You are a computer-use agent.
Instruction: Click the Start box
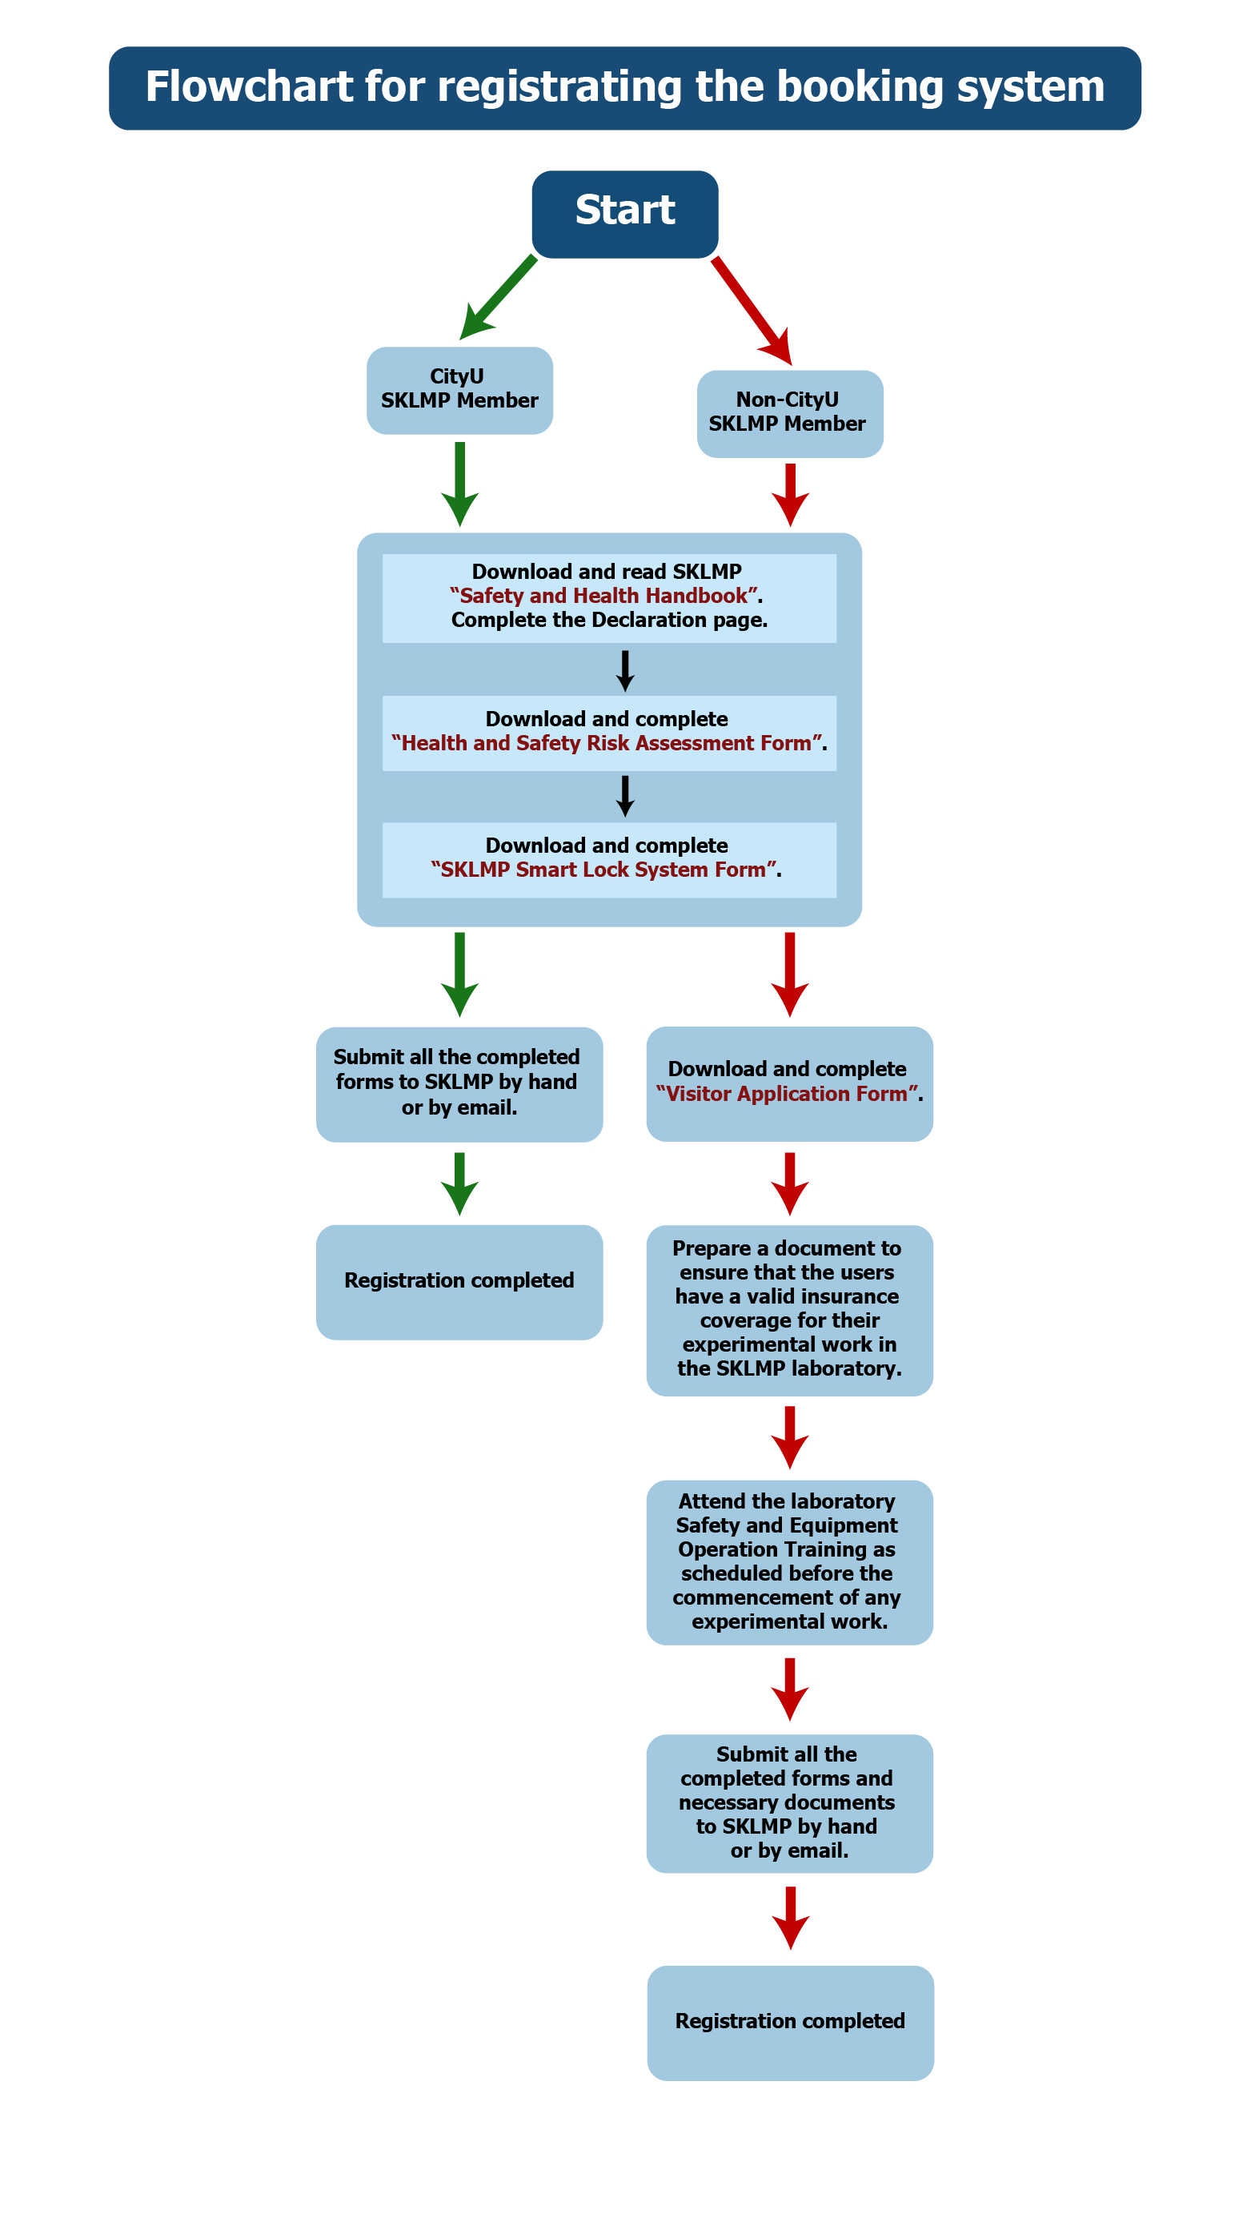click(x=624, y=214)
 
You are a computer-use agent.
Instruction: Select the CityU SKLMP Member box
click(x=459, y=390)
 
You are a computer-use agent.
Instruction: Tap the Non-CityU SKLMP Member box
click(x=789, y=413)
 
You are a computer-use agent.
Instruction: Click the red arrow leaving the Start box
click(x=751, y=309)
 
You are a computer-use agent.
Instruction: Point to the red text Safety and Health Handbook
click(x=604, y=596)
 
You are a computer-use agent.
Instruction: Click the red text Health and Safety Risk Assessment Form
click(x=607, y=743)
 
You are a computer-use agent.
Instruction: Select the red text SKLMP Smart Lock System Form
click(x=603, y=870)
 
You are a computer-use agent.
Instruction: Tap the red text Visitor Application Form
click(x=786, y=1093)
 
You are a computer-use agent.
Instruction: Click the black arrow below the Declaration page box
click(x=624, y=670)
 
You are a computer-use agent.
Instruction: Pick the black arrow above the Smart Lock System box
click(x=624, y=796)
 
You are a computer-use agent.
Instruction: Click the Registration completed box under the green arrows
click(x=459, y=1280)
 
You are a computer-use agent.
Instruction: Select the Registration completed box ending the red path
click(x=790, y=2022)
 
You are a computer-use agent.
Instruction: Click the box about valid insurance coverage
click(x=789, y=1309)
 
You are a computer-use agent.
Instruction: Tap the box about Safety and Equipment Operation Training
click(x=789, y=1561)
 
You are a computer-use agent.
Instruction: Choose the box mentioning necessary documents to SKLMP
click(x=789, y=1802)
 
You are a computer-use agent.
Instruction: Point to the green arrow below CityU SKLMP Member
click(x=459, y=483)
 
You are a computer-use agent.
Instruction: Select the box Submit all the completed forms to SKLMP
click(x=459, y=1083)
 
